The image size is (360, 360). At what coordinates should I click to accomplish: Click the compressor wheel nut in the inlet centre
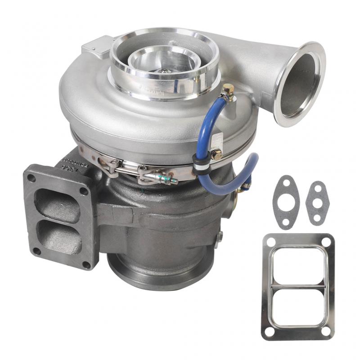pyautogui.click(x=165, y=70)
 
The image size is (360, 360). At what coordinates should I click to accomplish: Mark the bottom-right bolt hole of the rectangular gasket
pyautogui.click(x=325, y=331)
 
